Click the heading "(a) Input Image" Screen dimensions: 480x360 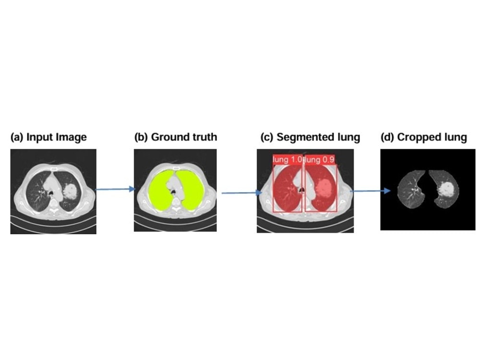48,137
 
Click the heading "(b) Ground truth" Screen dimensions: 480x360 176,137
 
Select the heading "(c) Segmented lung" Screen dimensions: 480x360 310,137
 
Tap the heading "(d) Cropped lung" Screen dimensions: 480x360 424,137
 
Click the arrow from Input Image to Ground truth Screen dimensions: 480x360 115,189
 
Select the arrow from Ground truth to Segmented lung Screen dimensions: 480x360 242,193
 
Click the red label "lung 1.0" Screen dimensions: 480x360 288,159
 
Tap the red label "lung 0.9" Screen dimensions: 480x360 320,159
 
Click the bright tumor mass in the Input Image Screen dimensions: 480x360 71,191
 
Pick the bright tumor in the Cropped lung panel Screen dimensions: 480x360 446,189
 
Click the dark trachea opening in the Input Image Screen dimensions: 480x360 51,193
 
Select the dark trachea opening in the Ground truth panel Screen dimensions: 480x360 174,192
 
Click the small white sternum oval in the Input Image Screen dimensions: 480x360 54,169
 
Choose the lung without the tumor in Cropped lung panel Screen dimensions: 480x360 410,189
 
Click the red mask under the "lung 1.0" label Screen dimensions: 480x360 286,190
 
